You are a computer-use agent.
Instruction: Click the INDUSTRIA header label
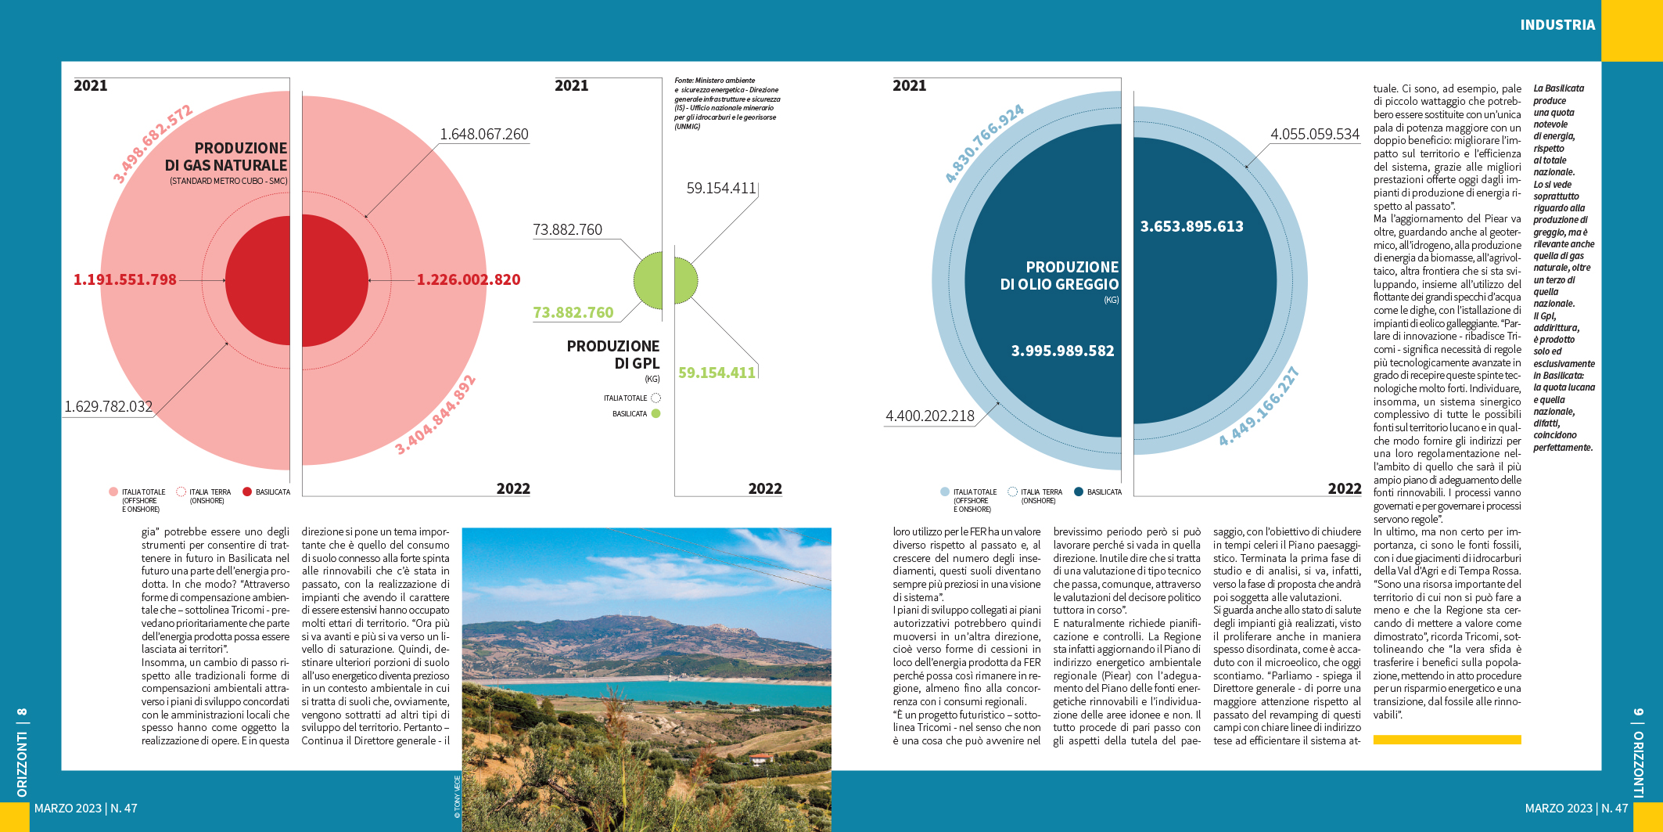(x=1557, y=25)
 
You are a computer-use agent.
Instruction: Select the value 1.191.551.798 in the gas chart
(x=125, y=279)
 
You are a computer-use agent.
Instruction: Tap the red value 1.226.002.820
(x=468, y=279)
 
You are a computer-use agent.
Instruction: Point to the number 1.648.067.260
(x=484, y=135)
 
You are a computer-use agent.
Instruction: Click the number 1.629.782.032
(x=108, y=407)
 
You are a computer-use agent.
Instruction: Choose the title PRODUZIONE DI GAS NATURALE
(x=227, y=157)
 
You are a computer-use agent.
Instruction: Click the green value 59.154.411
(x=717, y=373)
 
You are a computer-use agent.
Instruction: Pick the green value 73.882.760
(x=573, y=313)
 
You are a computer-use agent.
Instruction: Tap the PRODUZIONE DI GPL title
(x=614, y=355)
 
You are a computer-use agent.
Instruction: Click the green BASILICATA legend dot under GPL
(x=656, y=414)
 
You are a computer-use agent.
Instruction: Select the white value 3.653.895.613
(x=1191, y=227)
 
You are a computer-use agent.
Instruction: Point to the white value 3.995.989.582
(x=1062, y=351)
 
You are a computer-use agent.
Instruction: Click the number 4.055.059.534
(x=1315, y=135)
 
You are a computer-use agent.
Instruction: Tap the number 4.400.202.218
(x=930, y=416)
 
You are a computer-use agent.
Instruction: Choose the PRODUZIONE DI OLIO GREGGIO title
(x=1060, y=276)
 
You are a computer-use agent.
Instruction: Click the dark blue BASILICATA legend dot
(x=1079, y=492)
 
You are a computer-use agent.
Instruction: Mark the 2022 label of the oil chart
(x=1344, y=489)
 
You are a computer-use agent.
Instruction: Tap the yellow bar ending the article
(x=1446, y=740)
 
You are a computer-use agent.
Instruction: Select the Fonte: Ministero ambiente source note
(x=727, y=103)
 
